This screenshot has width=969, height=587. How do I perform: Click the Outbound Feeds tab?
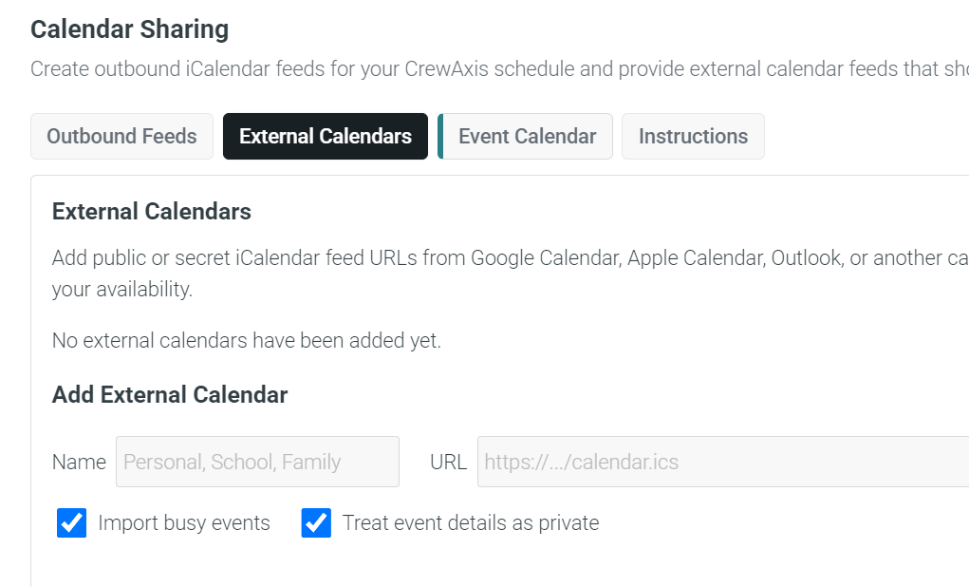121,136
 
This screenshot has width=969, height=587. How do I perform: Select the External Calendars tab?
326,136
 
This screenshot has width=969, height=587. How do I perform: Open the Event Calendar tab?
525,136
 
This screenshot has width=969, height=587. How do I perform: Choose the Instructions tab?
694,136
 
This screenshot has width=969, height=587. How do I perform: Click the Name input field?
258,462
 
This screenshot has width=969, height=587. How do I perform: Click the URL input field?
723,462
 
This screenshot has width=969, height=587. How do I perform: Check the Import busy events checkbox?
72,522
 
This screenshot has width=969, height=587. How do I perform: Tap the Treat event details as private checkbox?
316,522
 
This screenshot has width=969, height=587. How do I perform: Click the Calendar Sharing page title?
130,29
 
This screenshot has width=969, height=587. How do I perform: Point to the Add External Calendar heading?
170,394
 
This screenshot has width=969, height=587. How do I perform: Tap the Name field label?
79,462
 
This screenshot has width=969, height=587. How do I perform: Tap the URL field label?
448,462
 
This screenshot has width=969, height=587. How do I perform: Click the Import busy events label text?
184,523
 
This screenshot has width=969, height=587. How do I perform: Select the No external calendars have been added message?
247,340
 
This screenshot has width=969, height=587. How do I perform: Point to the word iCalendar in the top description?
228,68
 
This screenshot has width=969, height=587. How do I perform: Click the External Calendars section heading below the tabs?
152,212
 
